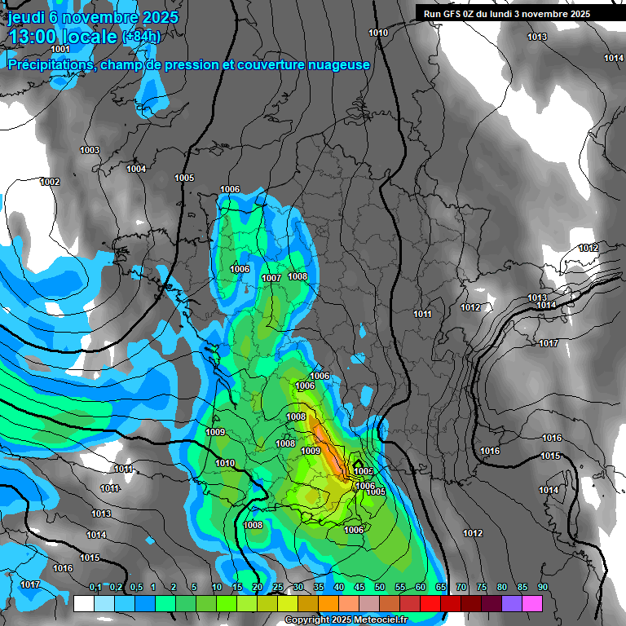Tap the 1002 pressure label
click(x=50, y=182)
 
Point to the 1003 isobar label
click(x=90, y=150)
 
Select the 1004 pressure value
click(x=136, y=169)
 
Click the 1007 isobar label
click(x=271, y=279)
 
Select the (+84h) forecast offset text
click(x=141, y=37)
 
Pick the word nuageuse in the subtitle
click(x=336, y=64)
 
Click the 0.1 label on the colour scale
click(x=95, y=588)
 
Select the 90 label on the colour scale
click(x=542, y=588)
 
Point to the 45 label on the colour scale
click(x=359, y=588)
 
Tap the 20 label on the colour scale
click(x=258, y=588)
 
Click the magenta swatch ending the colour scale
click(x=532, y=603)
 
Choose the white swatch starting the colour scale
click(x=83, y=603)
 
